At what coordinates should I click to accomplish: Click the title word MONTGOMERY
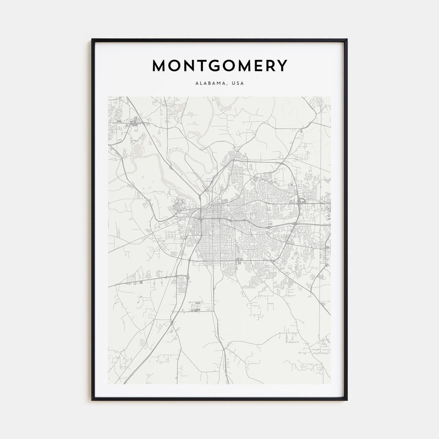pos(219,66)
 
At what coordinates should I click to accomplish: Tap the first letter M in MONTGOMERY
pos(160,66)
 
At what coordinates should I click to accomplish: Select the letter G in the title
pos(213,66)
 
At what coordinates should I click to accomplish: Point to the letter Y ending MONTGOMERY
pos(282,66)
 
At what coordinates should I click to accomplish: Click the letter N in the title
pos(188,66)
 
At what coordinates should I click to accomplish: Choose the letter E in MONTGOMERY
pos(258,66)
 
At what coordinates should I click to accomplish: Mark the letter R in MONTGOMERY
pos(270,66)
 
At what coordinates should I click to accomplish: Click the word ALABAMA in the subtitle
pos(210,83)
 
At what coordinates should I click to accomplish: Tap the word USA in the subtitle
pos(238,83)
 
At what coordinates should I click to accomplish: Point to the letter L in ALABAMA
pos(200,83)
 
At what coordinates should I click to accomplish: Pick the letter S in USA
pos(238,83)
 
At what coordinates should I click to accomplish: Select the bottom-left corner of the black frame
pos(92,399)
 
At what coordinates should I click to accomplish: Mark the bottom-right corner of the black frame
pos(346,399)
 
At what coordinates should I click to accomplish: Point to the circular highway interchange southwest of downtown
pos(185,279)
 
